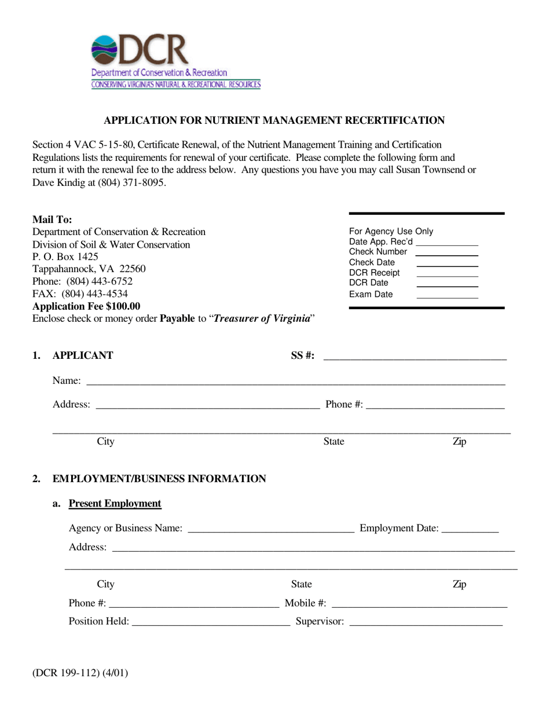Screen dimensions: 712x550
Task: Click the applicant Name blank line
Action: click(x=295, y=381)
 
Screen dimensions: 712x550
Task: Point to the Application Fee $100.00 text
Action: click(x=86, y=306)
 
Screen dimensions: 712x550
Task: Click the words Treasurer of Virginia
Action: click(x=262, y=318)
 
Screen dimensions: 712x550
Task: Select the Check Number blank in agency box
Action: click(x=447, y=252)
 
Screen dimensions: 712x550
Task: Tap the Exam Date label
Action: click(x=371, y=294)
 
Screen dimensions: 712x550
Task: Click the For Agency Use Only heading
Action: click(x=391, y=232)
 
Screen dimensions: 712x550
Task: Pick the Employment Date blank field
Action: click(x=470, y=529)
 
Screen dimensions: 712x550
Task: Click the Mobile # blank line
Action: click(x=419, y=604)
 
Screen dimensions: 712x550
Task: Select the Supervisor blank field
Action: click(x=426, y=622)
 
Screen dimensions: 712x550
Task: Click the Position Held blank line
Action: click(x=211, y=622)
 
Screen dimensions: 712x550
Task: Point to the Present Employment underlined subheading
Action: click(x=115, y=504)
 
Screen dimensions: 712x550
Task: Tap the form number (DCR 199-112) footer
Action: click(x=80, y=673)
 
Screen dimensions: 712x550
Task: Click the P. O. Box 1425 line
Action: click(x=65, y=256)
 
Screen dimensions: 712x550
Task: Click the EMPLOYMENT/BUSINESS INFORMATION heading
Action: click(x=159, y=479)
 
